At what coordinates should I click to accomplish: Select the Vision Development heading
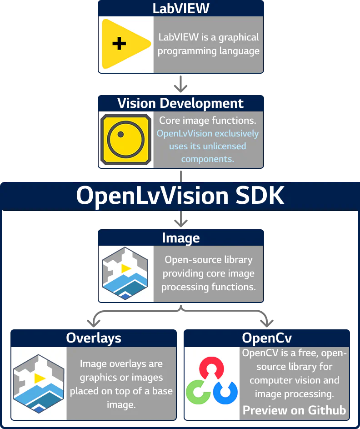click(180, 103)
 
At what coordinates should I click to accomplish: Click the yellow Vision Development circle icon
click(125, 139)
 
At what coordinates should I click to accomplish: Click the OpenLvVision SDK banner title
click(180, 196)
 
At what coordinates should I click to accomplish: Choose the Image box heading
click(181, 238)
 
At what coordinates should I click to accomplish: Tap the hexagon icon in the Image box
click(125, 273)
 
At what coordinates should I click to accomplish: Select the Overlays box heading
click(94, 338)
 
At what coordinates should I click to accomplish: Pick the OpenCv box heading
click(267, 338)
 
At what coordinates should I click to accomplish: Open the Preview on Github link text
click(294, 410)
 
